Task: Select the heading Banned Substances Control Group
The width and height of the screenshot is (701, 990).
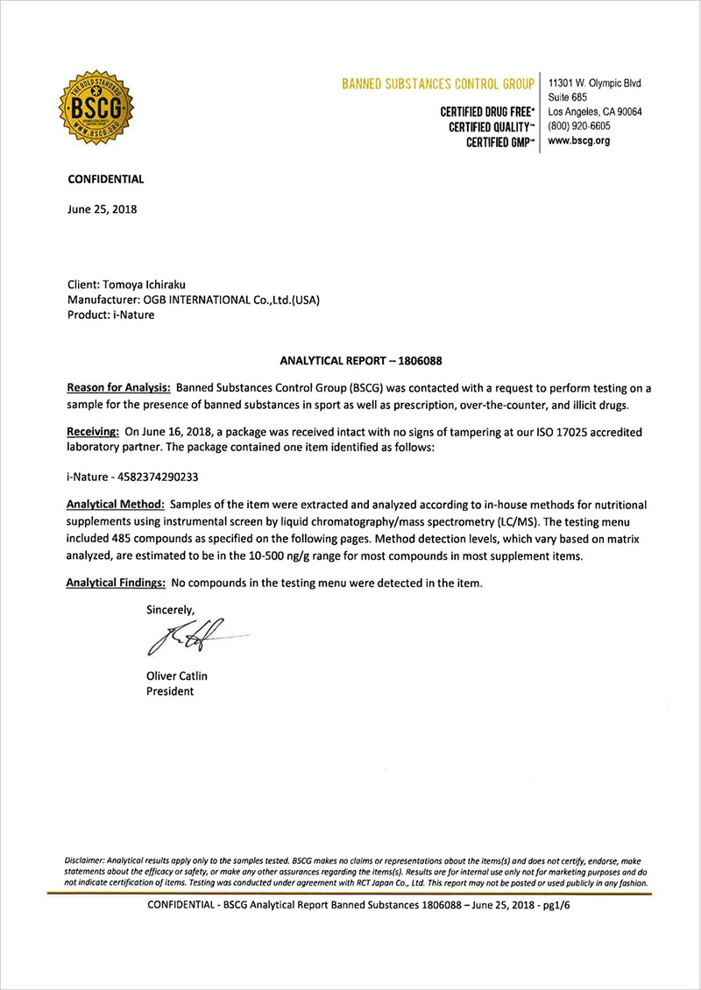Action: [438, 84]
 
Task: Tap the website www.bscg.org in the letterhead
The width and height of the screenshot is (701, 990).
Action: [578, 140]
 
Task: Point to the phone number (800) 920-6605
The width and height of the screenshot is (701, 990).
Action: [585, 126]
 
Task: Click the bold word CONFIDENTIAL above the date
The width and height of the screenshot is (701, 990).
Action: [106, 180]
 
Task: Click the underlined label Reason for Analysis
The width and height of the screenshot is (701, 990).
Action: [119, 387]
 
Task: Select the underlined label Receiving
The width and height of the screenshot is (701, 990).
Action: [93, 432]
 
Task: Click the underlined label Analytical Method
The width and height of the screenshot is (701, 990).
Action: [116, 506]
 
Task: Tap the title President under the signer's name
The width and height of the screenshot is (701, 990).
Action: [170, 691]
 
